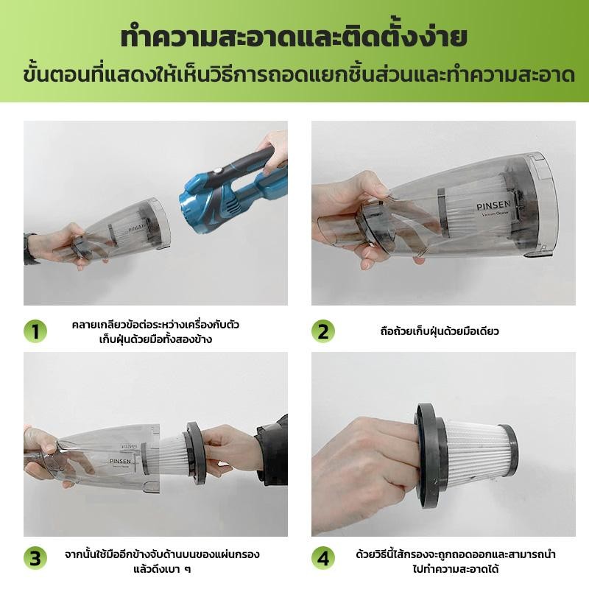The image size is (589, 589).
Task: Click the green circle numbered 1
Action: (35, 331)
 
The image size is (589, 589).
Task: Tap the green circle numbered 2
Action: (322, 331)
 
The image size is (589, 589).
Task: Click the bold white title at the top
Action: (294, 37)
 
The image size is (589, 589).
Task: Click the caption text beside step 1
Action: (156, 331)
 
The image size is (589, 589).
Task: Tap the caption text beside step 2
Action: (437, 331)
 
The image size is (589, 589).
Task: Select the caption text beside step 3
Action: (162, 560)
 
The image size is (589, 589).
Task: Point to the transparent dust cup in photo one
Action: (125, 228)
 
